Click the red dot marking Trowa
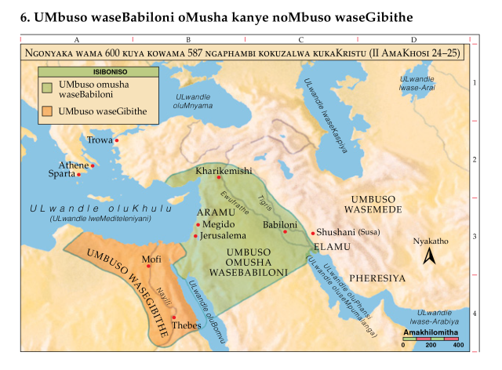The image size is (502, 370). [117, 141]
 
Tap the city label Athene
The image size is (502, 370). [75, 165]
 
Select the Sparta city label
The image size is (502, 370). [61, 174]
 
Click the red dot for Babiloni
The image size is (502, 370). [286, 231]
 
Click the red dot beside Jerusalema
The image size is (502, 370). [196, 234]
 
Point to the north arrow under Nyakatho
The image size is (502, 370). [429, 256]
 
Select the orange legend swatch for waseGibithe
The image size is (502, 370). [48, 112]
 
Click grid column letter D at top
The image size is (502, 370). [413, 39]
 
